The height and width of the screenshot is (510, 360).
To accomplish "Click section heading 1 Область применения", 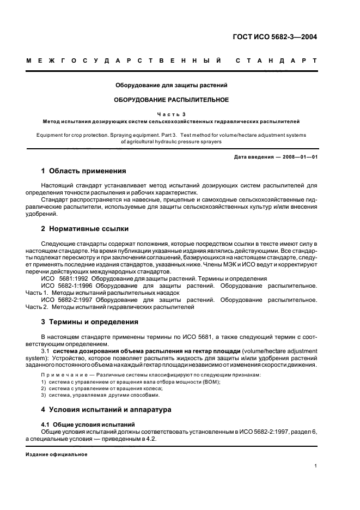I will pyautogui.click(x=84, y=171).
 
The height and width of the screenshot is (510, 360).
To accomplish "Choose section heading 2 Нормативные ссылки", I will pyautogui.click(x=85, y=228).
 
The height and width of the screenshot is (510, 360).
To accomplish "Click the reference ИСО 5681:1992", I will pyautogui.click(x=63, y=278).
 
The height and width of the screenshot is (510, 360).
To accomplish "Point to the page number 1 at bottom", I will pyautogui.click(x=316, y=465).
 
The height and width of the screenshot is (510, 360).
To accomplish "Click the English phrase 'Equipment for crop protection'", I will pyautogui.click(x=71, y=134).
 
